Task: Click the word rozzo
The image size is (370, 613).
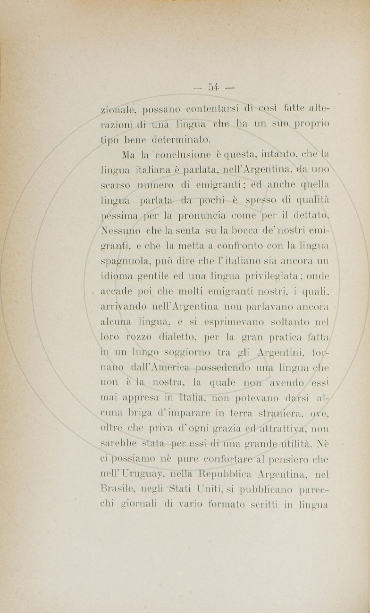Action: [138, 338]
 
